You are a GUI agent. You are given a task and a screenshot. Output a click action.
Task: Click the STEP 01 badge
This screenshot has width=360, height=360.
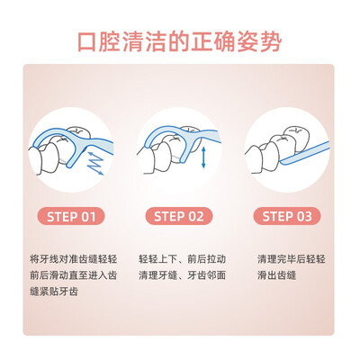(71, 216)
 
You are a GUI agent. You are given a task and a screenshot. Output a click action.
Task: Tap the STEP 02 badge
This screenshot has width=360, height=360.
(179, 216)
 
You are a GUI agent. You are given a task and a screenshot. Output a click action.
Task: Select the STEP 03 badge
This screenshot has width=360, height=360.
(287, 216)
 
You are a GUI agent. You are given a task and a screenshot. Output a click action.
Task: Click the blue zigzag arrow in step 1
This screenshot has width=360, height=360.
(95, 163)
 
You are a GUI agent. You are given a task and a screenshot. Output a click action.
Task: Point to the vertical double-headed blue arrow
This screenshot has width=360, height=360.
(203, 157)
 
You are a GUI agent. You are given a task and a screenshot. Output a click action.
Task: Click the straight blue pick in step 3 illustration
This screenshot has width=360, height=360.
(304, 153)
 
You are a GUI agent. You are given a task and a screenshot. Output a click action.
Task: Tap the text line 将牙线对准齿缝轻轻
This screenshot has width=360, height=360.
(74, 259)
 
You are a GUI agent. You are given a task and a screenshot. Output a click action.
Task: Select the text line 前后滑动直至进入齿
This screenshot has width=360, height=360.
(74, 275)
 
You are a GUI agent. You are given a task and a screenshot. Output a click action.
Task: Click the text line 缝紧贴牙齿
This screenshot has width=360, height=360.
(54, 292)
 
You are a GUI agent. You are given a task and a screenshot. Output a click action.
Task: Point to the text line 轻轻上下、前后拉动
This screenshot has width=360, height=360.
(182, 259)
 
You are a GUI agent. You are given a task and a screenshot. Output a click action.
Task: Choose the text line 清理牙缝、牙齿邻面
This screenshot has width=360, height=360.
(182, 275)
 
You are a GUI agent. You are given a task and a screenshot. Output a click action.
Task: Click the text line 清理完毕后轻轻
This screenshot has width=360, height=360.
(292, 259)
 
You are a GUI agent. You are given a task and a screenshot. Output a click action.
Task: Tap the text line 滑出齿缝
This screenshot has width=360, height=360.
(276, 275)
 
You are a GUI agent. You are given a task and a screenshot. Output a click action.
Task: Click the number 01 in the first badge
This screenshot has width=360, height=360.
(88, 217)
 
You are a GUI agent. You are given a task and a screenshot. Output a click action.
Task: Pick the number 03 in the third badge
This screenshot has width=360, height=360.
(304, 217)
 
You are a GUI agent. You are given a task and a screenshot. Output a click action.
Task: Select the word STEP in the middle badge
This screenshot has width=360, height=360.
(169, 217)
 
